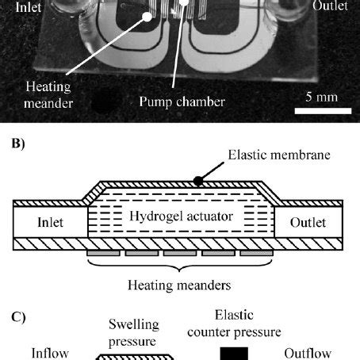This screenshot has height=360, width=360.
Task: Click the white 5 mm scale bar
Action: click(x=323, y=111)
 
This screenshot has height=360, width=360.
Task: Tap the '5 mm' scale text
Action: click(x=321, y=97)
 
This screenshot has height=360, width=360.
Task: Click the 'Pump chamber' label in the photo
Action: click(x=182, y=101)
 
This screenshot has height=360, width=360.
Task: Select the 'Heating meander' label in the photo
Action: click(x=48, y=94)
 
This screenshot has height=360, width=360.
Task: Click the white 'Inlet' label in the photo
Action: click(x=29, y=7)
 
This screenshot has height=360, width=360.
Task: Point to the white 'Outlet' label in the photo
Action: click(x=330, y=6)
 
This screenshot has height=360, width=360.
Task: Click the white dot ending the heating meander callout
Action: click(x=147, y=17)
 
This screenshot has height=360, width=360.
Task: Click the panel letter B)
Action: click(x=18, y=144)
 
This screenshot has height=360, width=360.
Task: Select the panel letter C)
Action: click(x=18, y=317)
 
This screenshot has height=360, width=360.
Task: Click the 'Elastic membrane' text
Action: click(x=279, y=155)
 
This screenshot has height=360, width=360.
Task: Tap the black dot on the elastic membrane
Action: click(x=198, y=181)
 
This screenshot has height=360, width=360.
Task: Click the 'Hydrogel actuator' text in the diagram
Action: click(x=181, y=216)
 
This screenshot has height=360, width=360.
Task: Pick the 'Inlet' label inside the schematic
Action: click(x=50, y=222)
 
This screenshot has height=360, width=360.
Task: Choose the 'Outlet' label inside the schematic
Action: click(x=308, y=223)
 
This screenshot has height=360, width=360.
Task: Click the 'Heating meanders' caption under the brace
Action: click(x=179, y=285)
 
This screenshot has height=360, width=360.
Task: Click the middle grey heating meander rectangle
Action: click(x=180, y=253)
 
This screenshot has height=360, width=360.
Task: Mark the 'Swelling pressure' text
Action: click(x=134, y=333)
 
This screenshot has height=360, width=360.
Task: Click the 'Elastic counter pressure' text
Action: click(x=234, y=324)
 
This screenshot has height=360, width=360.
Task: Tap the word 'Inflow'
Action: click(x=50, y=354)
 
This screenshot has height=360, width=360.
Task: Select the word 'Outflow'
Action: click(x=308, y=354)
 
